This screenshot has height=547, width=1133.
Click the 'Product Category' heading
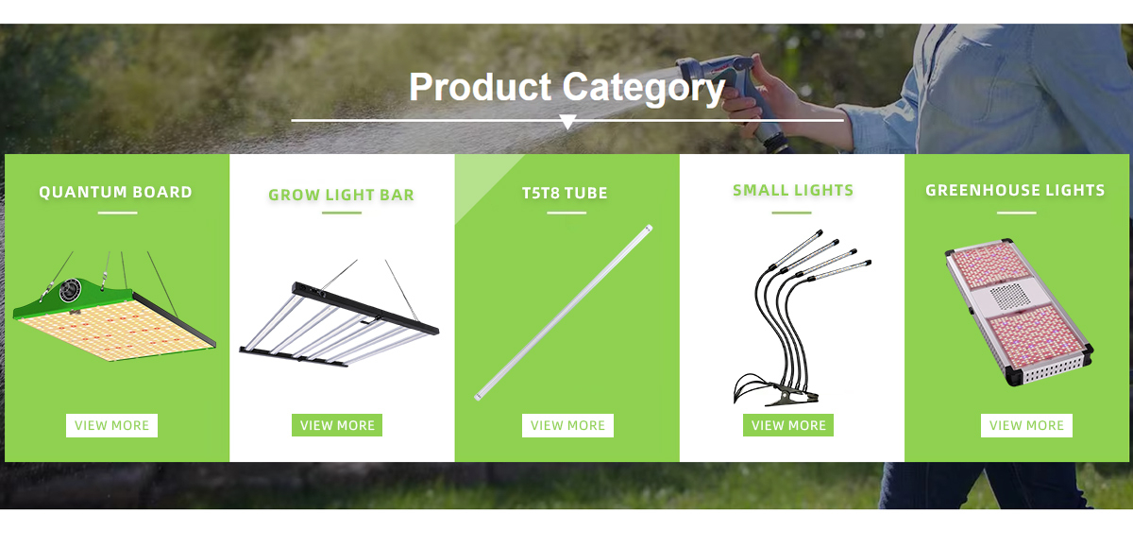(567, 88)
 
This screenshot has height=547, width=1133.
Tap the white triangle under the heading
(567, 122)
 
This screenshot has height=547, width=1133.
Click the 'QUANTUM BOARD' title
(116, 193)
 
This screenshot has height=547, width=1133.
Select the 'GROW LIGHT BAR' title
(342, 195)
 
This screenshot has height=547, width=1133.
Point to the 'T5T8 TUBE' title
(565, 194)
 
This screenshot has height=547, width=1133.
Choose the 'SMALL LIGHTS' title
(793, 190)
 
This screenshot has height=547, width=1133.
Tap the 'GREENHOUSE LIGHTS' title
(1015, 190)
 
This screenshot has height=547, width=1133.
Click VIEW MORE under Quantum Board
(111, 425)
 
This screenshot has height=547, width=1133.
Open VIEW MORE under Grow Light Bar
(337, 425)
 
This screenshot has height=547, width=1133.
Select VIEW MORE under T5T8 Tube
(567, 425)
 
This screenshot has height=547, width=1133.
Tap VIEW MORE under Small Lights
(788, 425)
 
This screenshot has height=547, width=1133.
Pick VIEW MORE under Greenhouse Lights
(1027, 425)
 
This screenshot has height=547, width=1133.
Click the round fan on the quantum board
(70, 291)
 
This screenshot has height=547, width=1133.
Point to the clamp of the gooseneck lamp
(789, 394)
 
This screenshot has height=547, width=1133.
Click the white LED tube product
(564, 313)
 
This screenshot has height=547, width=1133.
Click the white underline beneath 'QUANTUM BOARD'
(117, 213)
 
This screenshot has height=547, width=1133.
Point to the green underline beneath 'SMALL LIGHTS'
(791, 213)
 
